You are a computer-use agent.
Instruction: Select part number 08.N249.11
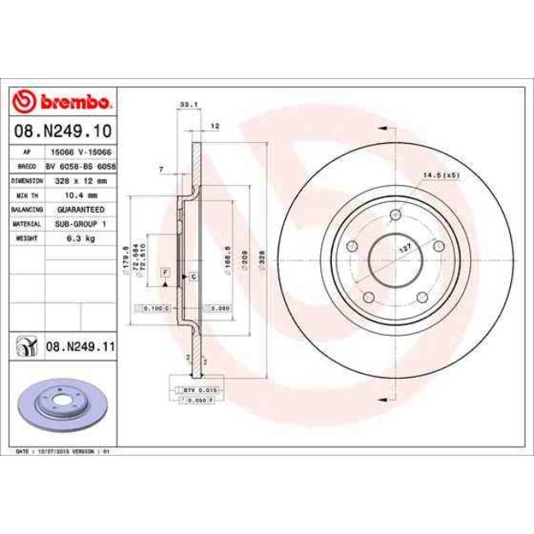pyautogui.click(x=79, y=348)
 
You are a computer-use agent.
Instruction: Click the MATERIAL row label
pyautogui.click(x=26, y=223)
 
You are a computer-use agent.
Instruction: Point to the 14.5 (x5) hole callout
pyautogui.click(x=439, y=175)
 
